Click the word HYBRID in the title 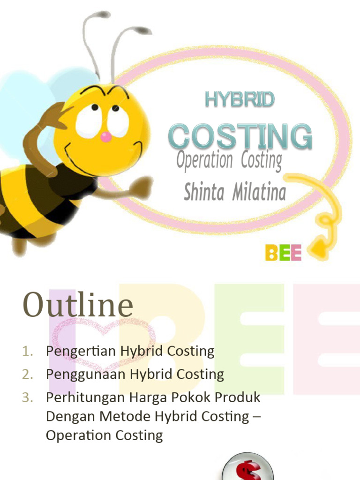240,99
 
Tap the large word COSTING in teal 240,136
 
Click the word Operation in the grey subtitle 204,160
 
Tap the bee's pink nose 106,137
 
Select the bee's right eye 118,120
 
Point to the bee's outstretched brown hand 141,187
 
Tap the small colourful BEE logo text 283,253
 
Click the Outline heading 78,305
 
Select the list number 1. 28,351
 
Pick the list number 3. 28,397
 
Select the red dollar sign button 241,469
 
